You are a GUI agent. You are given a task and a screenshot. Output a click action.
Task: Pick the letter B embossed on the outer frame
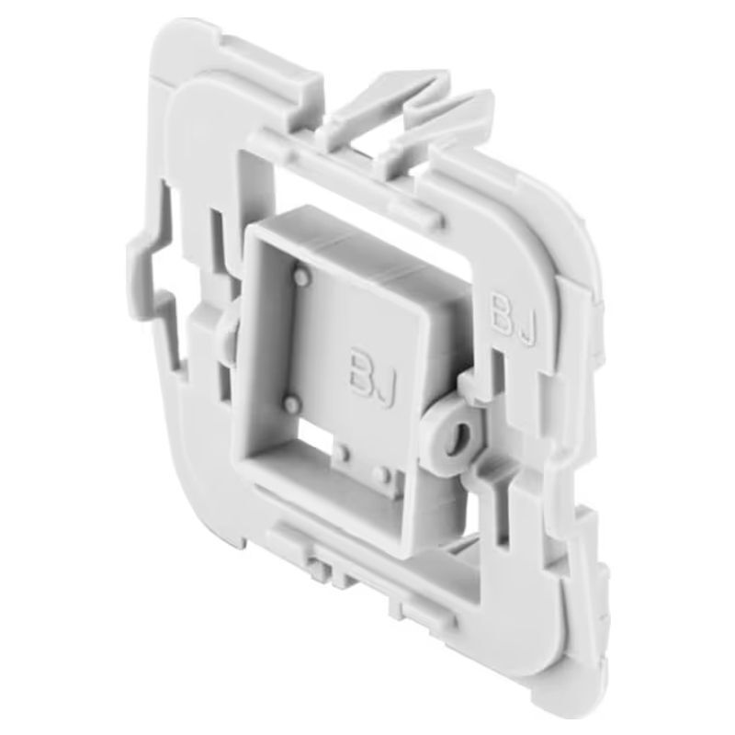[501, 311]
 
